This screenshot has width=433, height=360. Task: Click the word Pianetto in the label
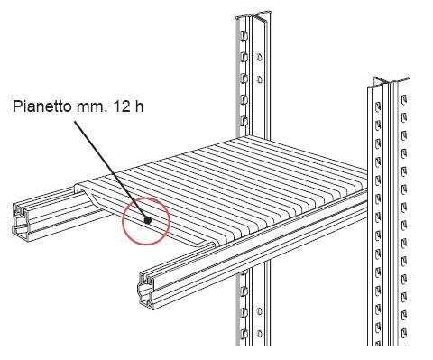click(42, 106)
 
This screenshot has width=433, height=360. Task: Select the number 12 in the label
click(119, 106)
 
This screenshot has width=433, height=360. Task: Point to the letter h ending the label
click(137, 106)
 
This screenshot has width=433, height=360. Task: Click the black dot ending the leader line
click(147, 220)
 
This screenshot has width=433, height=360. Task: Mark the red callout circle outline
click(146, 198)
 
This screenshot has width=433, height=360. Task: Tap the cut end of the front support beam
click(147, 289)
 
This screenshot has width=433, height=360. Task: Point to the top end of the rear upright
click(253, 15)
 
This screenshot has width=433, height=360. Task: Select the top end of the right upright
click(391, 83)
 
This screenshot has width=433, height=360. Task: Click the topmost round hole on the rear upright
click(259, 57)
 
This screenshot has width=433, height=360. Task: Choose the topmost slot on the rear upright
click(244, 36)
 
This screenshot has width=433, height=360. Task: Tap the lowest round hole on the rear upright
click(259, 333)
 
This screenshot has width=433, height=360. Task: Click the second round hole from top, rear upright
click(259, 79)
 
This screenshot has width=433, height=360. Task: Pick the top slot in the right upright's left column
click(378, 106)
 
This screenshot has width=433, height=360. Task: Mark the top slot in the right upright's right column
click(404, 99)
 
